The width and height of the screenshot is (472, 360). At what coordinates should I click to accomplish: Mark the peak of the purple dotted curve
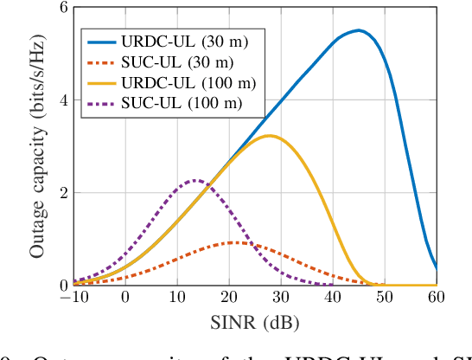click(x=195, y=180)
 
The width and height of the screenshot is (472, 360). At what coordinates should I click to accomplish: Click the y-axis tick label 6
click(x=62, y=8)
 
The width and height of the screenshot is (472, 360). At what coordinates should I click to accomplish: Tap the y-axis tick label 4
click(x=62, y=100)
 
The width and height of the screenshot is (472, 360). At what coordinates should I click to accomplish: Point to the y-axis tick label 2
click(x=62, y=193)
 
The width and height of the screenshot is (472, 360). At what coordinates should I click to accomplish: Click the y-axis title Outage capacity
click(x=38, y=147)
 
